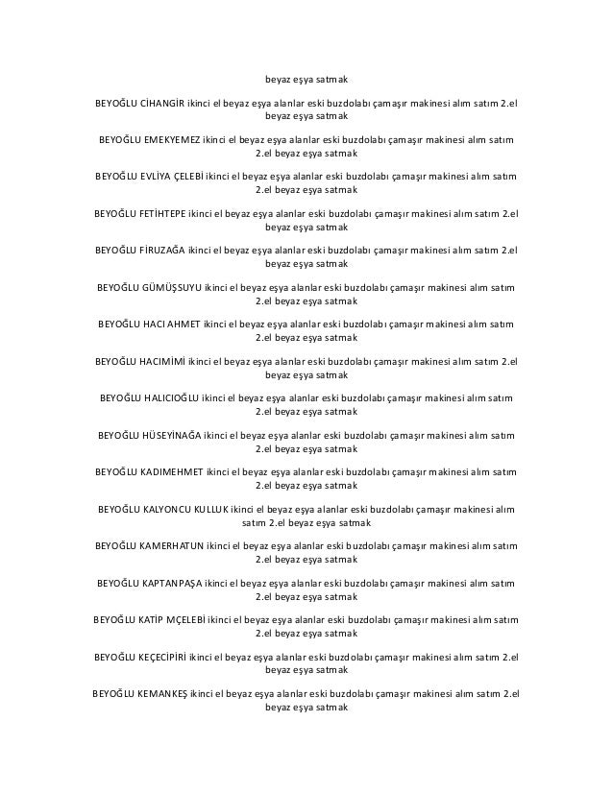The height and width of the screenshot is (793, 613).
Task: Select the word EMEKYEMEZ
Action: pos(173,140)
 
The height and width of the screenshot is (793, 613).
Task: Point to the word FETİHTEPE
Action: pos(162,213)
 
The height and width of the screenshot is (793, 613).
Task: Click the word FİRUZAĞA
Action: pos(161,250)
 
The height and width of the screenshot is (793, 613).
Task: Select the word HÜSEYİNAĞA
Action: pos(173,435)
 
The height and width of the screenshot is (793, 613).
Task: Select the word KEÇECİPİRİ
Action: pos(161,657)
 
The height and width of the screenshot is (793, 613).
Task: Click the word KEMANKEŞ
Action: pos(161,693)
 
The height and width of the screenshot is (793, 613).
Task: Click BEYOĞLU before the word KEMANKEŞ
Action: pos(114,693)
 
